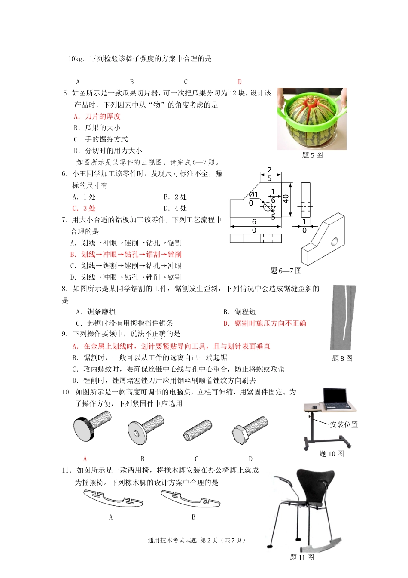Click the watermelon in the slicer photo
click(x=312, y=125)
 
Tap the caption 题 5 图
click(x=313, y=155)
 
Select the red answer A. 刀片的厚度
click(x=97, y=116)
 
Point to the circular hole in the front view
click(x=268, y=206)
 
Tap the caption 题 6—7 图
click(x=286, y=271)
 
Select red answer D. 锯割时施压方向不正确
click(x=265, y=323)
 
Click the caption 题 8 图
click(x=342, y=358)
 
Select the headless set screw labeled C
click(x=197, y=430)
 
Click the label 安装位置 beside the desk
click(x=344, y=425)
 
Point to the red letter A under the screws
click(x=85, y=459)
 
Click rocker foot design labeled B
click(x=190, y=498)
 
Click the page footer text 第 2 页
click(x=209, y=541)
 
